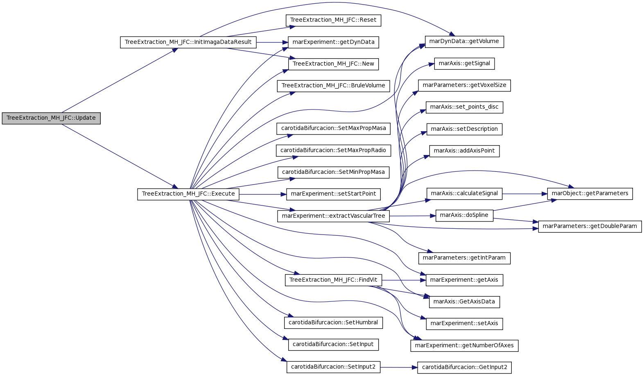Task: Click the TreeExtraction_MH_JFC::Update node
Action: click(51, 118)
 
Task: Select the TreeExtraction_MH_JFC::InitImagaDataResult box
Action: click(188, 42)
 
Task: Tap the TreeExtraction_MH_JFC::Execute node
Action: click(188, 194)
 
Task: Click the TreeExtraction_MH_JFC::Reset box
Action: click(333, 21)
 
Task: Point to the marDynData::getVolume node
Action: click(464, 42)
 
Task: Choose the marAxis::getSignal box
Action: click(464, 64)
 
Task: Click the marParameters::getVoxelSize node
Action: click(464, 86)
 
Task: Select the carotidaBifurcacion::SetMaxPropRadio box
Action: click(333, 150)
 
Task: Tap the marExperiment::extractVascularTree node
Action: click(333, 216)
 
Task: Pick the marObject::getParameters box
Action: click(590, 194)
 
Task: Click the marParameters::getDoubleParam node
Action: click(590, 227)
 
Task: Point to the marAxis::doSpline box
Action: click(464, 216)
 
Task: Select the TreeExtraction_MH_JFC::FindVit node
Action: click(333, 280)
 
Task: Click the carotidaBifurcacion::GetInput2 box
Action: click(464, 368)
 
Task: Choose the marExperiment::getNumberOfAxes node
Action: click(464, 346)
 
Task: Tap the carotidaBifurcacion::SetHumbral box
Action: click(333, 323)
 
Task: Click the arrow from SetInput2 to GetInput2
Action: click(399, 367)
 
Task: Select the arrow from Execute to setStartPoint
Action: click(263, 194)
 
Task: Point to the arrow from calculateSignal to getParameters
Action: click(525, 194)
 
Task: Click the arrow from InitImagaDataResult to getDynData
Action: click(272, 42)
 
